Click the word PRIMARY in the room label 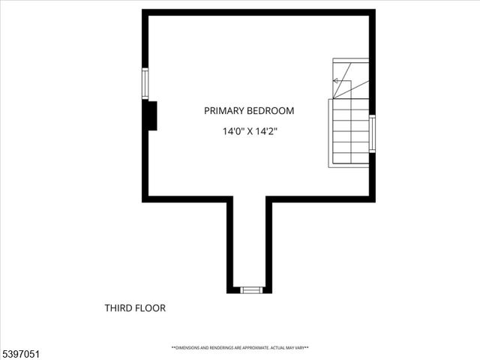point(223,111)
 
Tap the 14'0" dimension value point(233,131)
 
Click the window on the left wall point(145,83)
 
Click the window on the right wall point(372,133)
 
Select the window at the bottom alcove point(251,289)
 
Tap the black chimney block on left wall point(151,115)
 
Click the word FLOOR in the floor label point(151,308)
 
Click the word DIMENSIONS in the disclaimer point(188,348)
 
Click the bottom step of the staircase point(349,160)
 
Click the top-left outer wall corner point(145,13)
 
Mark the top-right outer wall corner point(372,13)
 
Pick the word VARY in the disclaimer point(299,348)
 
